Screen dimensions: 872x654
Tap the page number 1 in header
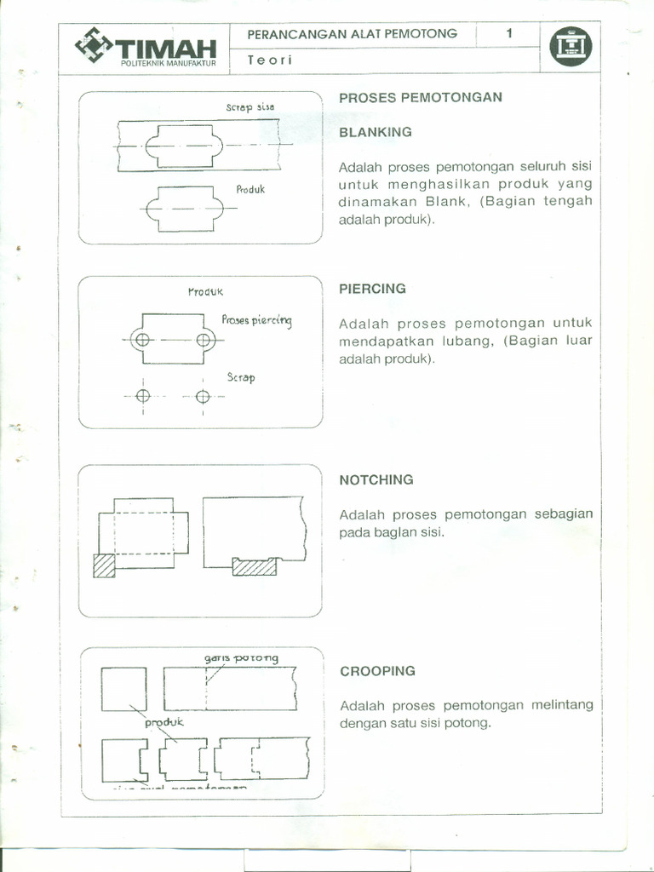click(508, 34)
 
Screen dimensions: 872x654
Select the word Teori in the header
click(269, 60)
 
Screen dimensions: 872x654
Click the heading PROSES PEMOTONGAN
click(421, 97)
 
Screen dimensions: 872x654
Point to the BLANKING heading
click(376, 132)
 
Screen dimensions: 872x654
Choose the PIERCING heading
click(372, 289)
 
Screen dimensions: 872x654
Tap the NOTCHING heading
click(376, 479)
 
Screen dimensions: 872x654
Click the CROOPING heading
click(377, 671)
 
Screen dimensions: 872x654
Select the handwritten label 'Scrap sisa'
click(250, 108)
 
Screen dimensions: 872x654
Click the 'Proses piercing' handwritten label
click(256, 320)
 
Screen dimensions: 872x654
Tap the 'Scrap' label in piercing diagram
click(241, 377)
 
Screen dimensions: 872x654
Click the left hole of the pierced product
click(142, 340)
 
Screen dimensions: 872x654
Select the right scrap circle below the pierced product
click(203, 396)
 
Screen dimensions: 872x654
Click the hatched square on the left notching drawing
click(104, 566)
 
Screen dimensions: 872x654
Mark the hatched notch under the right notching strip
click(255, 566)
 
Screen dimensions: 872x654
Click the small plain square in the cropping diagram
click(123, 689)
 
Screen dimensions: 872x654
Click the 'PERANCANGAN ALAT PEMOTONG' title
click(352, 34)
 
